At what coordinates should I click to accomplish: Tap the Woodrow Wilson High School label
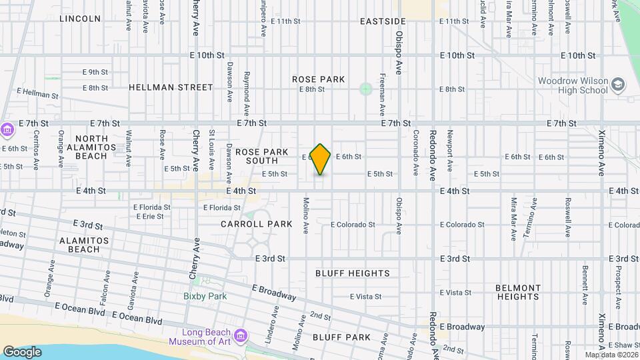tap(573, 85)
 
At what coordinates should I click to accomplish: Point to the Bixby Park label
tap(205, 296)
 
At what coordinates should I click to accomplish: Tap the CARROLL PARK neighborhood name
tap(257, 224)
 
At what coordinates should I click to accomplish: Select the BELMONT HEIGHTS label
tap(518, 293)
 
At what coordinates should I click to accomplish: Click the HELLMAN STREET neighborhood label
tap(171, 87)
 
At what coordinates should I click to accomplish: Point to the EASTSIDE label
tap(383, 21)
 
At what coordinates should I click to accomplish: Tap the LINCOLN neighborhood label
tap(80, 19)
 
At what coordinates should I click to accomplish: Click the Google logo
tap(22, 351)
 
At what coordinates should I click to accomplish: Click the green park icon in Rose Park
tap(365, 88)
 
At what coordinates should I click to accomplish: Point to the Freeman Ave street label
tap(383, 94)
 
